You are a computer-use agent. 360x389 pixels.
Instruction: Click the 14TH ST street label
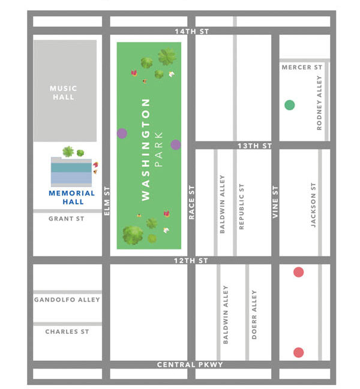click(x=192, y=31)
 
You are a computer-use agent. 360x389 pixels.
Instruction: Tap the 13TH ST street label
click(x=255, y=146)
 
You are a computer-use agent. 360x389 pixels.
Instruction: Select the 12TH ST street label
click(x=191, y=261)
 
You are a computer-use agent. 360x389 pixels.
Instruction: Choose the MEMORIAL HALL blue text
click(x=71, y=197)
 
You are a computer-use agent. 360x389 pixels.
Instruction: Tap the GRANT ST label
click(x=67, y=219)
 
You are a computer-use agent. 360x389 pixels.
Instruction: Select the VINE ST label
click(x=276, y=201)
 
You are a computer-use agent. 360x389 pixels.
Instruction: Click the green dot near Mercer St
click(x=289, y=105)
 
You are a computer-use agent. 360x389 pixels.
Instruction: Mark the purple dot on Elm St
click(x=122, y=134)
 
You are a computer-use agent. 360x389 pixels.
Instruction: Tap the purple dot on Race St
click(x=175, y=144)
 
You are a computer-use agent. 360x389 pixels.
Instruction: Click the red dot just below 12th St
click(x=298, y=273)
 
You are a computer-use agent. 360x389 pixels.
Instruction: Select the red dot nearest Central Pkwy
click(x=298, y=352)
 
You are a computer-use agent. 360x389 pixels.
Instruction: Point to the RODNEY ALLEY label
click(x=320, y=102)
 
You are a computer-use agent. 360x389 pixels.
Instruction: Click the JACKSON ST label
click(x=313, y=205)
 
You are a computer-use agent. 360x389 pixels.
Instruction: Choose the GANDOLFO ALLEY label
click(x=67, y=300)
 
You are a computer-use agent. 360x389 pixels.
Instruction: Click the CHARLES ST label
click(x=67, y=331)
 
